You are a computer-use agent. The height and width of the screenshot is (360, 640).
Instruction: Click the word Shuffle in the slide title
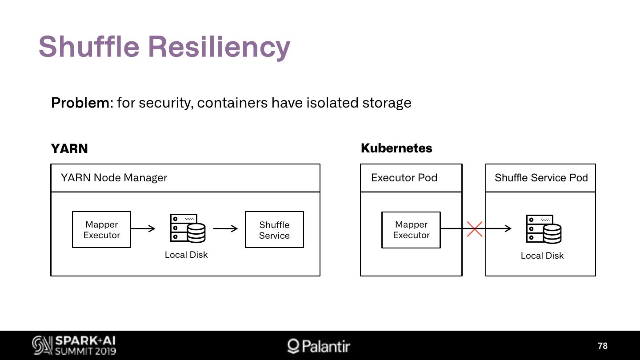pyautogui.click(x=89, y=46)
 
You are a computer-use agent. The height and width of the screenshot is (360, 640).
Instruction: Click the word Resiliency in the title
pyautogui.click(x=219, y=48)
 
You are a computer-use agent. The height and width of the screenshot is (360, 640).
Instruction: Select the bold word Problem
pyautogui.click(x=80, y=103)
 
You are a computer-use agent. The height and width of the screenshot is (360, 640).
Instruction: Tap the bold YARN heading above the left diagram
pyautogui.click(x=69, y=148)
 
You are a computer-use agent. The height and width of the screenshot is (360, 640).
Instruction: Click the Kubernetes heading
pyautogui.click(x=396, y=148)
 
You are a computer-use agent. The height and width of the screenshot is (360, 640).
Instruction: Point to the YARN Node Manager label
pyautogui.click(x=114, y=178)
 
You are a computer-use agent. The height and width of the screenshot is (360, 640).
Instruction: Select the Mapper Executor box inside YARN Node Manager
pyautogui.click(x=102, y=229)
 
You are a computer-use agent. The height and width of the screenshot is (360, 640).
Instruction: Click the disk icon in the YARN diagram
pyautogui.click(x=188, y=228)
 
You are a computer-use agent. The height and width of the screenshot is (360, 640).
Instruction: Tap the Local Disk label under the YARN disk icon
pyautogui.click(x=186, y=255)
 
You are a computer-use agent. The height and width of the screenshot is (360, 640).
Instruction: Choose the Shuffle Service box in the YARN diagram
pyautogui.click(x=274, y=229)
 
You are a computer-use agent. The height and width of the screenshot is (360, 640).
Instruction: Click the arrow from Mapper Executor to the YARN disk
pyautogui.click(x=143, y=228)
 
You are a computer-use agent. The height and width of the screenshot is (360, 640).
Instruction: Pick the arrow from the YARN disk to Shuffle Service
pyautogui.click(x=225, y=228)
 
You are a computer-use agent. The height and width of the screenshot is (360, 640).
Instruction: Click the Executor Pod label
pyautogui.click(x=404, y=178)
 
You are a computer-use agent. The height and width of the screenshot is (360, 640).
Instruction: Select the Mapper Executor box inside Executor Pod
pyautogui.click(x=411, y=230)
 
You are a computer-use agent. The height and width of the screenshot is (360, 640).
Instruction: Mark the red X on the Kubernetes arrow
pyautogui.click(x=475, y=229)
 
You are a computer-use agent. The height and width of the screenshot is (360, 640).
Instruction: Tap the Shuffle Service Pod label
pyautogui.click(x=541, y=178)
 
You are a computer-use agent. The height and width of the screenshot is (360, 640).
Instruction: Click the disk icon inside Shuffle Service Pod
pyautogui.click(x=544, y=229)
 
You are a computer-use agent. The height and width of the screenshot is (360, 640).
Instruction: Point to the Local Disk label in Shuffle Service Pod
pyautogui.click(x=542, y=256)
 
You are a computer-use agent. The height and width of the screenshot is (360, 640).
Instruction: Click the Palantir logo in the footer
pyautogui.click(x=319, y=346)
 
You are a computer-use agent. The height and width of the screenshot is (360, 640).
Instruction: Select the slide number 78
pyautogui.click(x=603, y=346)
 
